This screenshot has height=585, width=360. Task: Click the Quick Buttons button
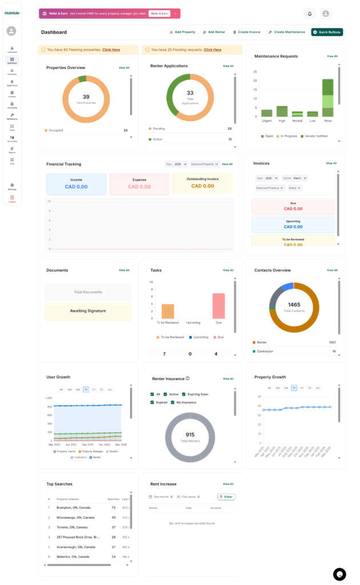(x=327, y=32)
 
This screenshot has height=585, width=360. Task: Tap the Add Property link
(x=183, y=32)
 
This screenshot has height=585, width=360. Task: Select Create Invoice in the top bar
(x=247, y=32)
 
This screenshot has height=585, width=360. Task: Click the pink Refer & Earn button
(x=159, y=14)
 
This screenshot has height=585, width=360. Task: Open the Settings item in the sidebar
(x=12, y=187)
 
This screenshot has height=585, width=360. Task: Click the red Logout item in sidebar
(x=12, y=199)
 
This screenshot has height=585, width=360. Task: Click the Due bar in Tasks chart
(x=218, y=306)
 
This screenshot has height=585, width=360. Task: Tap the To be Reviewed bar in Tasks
(x=167, y=311)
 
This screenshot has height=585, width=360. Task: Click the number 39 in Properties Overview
(x=86, y=97)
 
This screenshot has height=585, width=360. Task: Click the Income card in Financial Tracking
(x=76, y=183)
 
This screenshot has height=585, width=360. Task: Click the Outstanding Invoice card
(x=202, y=183)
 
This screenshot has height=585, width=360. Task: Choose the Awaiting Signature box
(x=87, y=311)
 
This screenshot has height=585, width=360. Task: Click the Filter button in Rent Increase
(x=226, y=497)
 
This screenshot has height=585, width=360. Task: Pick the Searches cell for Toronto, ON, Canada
(x=114, y=527)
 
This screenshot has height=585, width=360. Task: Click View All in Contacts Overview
(x=332, y=270)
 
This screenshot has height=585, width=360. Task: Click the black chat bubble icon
(x=339, y=574)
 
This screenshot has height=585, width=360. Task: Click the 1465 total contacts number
(x=294, y=305)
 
